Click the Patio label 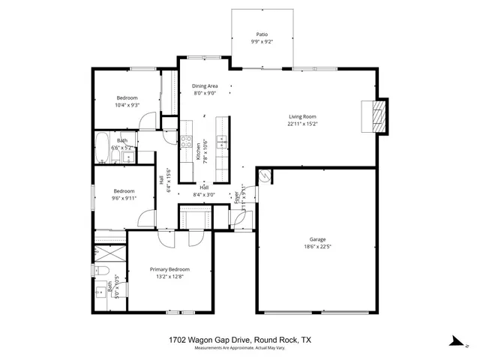(x=262, y=34)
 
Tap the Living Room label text (x=302, y=116)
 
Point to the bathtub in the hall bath (x=102, y=147)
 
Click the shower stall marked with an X (x=107, y=250)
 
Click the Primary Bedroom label (x=169, y=269)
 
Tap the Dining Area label (x=204, y=86)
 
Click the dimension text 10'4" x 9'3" (x=127, y=105)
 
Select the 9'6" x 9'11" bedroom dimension (x=125, y=199)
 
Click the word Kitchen (x=198, y=152)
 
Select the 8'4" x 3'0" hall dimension (x=205, y=195)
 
